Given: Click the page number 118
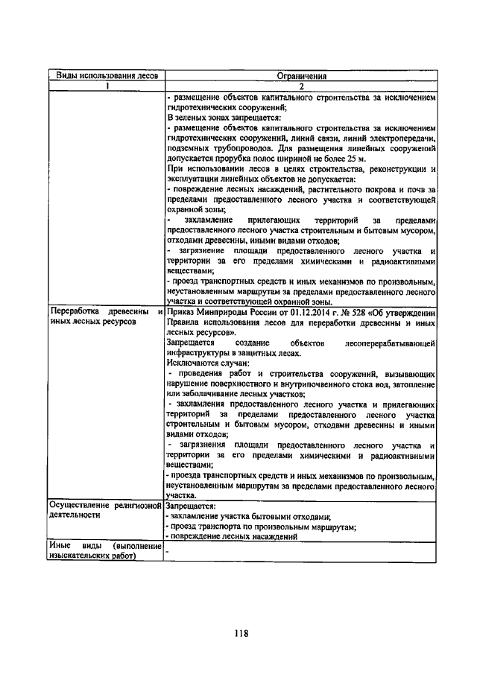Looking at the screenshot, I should (239, 635).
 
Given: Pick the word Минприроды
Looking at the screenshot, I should (220, 312).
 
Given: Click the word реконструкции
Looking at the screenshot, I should (398, 170).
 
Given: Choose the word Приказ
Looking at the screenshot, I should (180, 312).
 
